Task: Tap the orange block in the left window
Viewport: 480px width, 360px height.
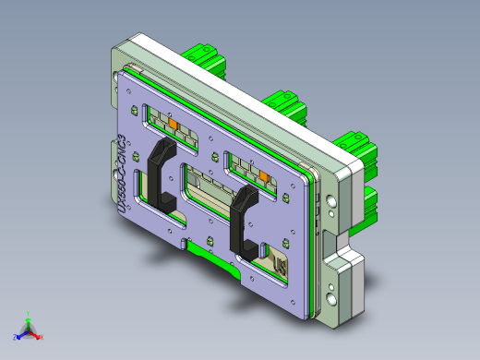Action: click(172, 122)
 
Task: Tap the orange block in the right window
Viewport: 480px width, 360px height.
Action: click(264, 174)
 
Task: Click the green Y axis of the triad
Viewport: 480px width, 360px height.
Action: click(29, 317)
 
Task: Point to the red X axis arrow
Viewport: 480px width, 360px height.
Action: click(39, 336)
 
